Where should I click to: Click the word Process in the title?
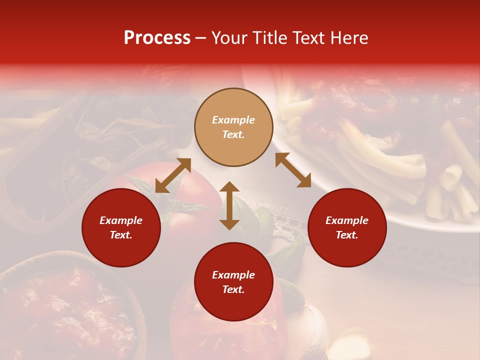[x=157, y=38]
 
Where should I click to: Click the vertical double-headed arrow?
[x=229, y=205]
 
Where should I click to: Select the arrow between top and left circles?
[x=173, y=175]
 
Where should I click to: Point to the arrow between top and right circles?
[x=293, y=170]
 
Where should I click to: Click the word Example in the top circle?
[x=233, y=120]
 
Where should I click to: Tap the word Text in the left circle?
[x=121, y=235]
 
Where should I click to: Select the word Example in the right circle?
[x=347, y=220]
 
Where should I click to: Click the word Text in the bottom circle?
[x=233, y=289]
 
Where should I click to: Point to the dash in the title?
[x=201, y=38]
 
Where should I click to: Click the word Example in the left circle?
[x=121, y=220]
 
